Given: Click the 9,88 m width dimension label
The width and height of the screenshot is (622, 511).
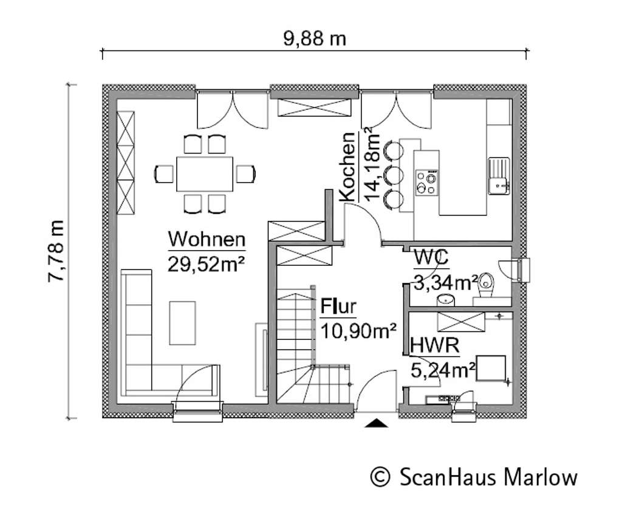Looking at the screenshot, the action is pos(315,39).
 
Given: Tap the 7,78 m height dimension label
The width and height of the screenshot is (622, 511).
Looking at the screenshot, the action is pos(56,251).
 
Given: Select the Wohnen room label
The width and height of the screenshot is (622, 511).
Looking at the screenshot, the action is pos(207,240).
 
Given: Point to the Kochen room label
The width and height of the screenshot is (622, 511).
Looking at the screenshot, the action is pos(347,167).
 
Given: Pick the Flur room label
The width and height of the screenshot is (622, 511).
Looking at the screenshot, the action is pos(338,306).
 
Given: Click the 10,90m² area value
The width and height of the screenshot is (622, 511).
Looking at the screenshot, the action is pos(358,331).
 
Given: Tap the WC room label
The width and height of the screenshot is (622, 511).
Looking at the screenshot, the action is pos(431,257).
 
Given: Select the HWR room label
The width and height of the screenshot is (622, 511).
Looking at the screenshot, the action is pos(435,345).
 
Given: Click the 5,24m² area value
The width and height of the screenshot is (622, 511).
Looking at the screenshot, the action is pos(443,371).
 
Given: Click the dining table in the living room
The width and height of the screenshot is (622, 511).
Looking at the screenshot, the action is pos(205,174).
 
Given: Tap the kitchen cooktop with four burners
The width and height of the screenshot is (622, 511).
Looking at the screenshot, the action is pos(426,182).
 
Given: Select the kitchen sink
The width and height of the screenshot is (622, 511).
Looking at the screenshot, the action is pos(499,175).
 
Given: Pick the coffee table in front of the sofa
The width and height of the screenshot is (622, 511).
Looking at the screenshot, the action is pos(182,323).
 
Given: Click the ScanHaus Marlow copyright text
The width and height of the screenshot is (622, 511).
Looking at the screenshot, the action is pos(474,476).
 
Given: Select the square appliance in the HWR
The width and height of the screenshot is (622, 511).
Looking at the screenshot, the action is pos(491,368).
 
